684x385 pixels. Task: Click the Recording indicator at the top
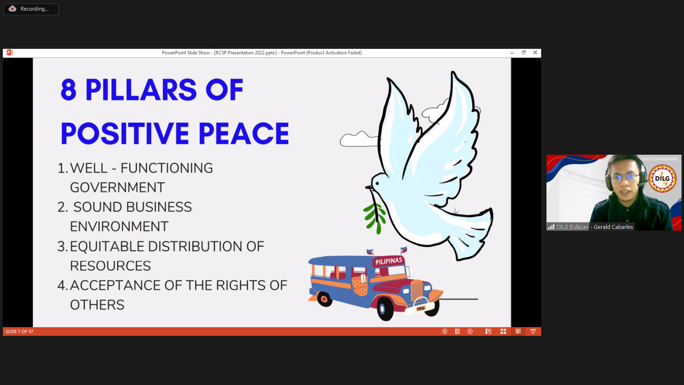click(x=31, y=9)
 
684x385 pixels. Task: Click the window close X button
click(x=535, y=52)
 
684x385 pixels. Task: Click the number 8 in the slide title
click(x=68, y=89)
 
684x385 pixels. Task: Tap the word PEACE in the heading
click(x=244, y=133)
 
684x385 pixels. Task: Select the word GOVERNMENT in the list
click(x=117, y=188)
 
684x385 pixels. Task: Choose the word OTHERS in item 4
click(x=97, y=305)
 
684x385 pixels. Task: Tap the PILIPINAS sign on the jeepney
click(x=389, y=261)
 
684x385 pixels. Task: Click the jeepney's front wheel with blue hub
click(x=383, y=309)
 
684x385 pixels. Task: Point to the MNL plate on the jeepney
click(x=421, y=308)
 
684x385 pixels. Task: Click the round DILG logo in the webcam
click(x=662, y=178)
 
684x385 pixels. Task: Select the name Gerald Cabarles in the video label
click(x=613, y=227)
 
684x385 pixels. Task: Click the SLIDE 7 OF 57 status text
click(x=19, y=332)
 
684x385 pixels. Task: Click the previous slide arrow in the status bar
click(x=445, y=332)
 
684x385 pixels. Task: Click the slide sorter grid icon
click(x=503, y=332)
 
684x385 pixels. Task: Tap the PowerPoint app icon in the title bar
click(x=10, y=52)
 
